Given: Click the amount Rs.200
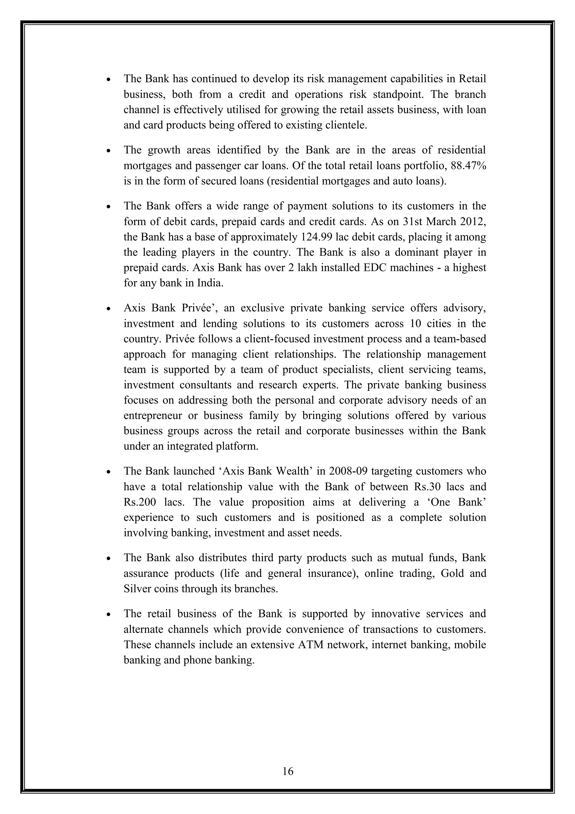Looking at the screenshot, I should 141,502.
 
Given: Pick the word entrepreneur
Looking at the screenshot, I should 153,415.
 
